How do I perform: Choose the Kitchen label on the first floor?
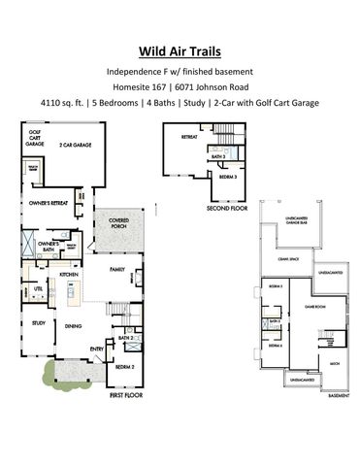[x=69, y=275]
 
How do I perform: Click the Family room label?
[x=116, y=269]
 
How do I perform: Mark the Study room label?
[x=39, y=322]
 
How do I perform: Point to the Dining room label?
[x=73, y=326]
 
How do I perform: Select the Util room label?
[x=39, y=288]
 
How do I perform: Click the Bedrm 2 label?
[x=124, y=368]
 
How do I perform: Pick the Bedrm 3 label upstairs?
[x=227, y=179]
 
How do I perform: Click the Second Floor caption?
[x=226, y=208]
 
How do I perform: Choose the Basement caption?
[x=338, y=395]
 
